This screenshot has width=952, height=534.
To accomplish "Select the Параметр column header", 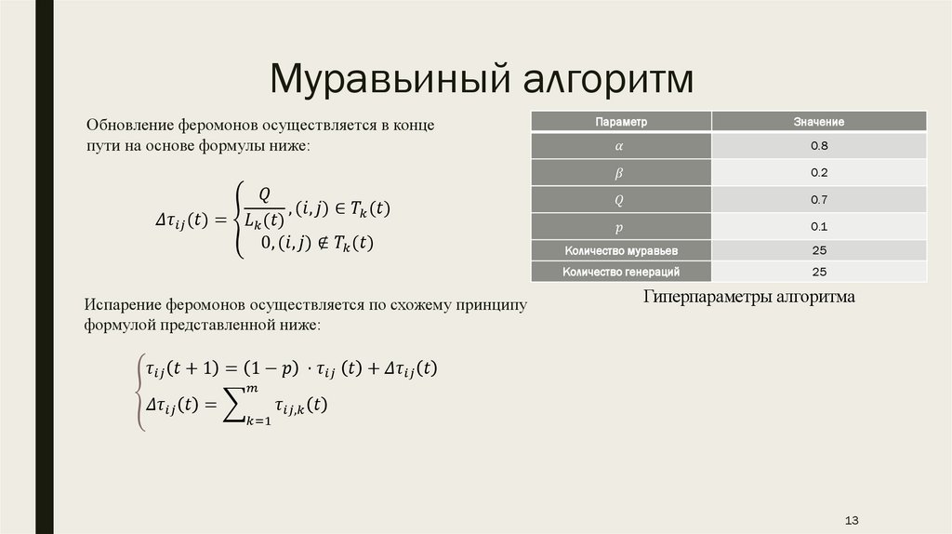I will click(621, 122).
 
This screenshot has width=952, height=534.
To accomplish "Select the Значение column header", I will click(819, 122).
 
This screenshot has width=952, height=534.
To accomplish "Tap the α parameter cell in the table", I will click(621, 147).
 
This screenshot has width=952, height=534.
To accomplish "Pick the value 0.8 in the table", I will click(819, 147).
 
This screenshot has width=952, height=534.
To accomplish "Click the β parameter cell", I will click(621, 173).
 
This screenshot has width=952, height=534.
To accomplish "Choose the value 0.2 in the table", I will click(819, 173).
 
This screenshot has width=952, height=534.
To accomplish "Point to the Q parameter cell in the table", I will click(621, 200).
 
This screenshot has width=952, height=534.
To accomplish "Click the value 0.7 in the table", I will click(819, 200).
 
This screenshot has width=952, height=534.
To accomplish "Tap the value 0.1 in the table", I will click(819, 227).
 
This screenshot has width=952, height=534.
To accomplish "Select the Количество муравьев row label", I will click(621, 250).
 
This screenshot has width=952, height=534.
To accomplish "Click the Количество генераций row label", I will click(621, 272).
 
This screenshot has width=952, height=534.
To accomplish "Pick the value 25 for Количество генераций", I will click(819, 272).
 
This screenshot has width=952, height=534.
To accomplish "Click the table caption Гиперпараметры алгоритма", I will click(747, 297).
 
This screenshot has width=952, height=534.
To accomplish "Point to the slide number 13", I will click(852, 518).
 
